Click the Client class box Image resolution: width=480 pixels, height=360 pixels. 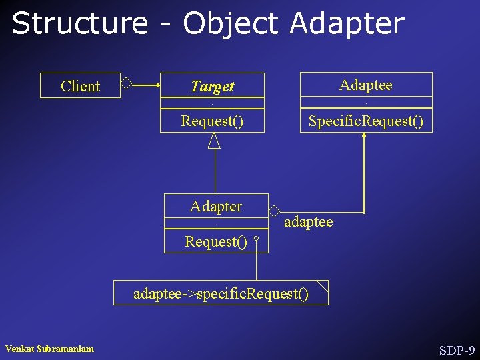click(x=80, y=86)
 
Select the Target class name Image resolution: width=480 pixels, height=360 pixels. click(x=212, y=86)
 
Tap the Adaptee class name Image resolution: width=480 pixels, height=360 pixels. click(x=365, y=85)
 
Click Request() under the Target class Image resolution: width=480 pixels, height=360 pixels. click(x=212, y=121)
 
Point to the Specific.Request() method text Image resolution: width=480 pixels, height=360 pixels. click(x=365, y=121)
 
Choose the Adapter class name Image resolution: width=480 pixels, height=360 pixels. click(x=216, y=206)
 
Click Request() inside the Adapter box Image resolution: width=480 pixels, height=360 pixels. click(x=216, y=241)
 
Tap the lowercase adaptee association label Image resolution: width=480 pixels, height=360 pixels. click(x=308, y=221)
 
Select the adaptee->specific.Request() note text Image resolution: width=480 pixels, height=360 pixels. click(x=221, y=293)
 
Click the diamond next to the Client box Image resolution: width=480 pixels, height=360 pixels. click(x=126, y=83)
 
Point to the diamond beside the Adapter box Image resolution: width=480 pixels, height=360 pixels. click(x=274, y=211)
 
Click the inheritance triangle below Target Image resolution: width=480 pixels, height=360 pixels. click(x=214, y=140)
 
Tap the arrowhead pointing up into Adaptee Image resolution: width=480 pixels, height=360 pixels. click(x=365, y=135)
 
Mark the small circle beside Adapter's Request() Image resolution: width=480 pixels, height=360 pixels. click(x=256, y=237)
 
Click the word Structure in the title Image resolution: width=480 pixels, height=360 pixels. click(x=79, y=23)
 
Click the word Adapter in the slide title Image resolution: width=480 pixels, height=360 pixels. click(x=347, y=23)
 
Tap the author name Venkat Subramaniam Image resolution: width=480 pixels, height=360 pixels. click(x=49, y=349)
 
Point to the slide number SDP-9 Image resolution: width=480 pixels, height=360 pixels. click(x=457, y=350)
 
